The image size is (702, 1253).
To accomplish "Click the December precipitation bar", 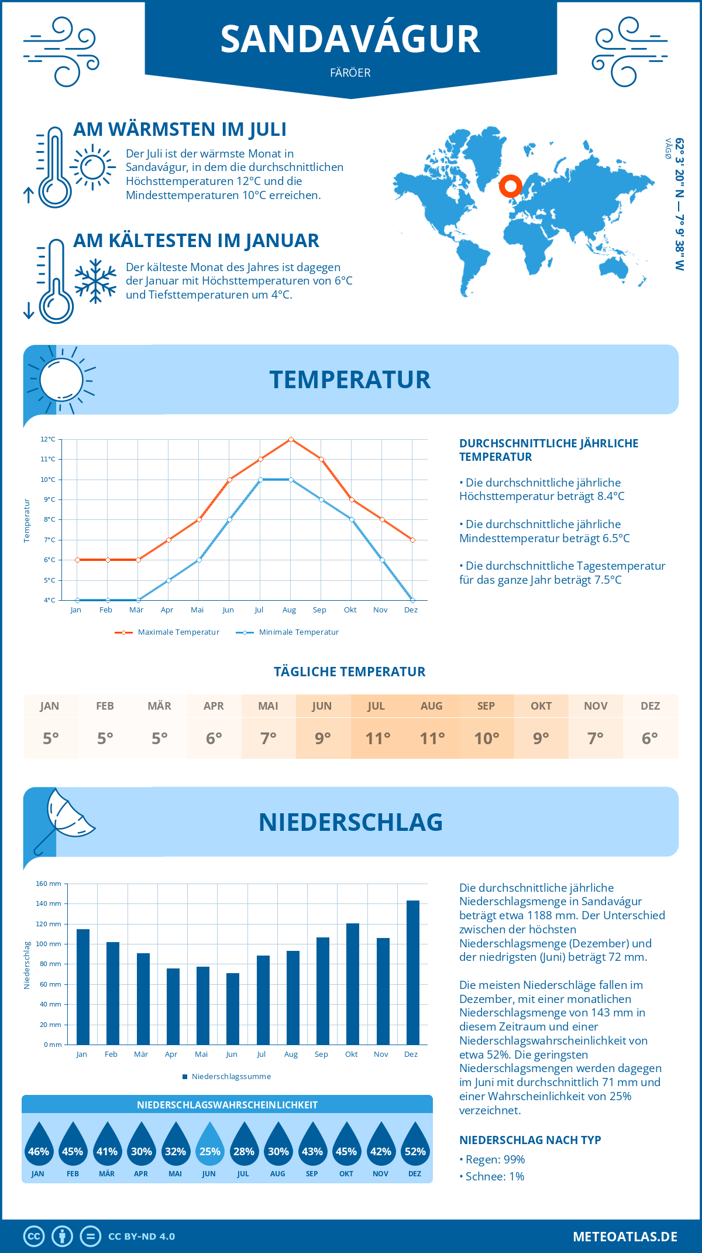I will pos(413,973).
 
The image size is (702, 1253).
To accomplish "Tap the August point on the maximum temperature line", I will pos(291,439).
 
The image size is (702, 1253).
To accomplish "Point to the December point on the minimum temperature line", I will pos(412,600).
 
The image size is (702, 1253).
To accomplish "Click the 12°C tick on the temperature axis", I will pos(48,439).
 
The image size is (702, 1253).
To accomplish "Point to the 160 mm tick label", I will pos(49,884).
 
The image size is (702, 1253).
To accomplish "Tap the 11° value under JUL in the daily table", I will pos(377,738).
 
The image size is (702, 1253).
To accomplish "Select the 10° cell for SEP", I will pos(487,738).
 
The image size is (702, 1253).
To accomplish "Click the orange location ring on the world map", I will pos(510,186).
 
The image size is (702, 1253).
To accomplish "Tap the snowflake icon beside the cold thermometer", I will pos(95,281).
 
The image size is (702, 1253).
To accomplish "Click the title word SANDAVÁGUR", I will pos(350,40).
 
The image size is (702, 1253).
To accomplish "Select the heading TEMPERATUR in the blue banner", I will pos(350,379).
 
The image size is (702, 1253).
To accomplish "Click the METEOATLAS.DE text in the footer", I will pos(625,1237).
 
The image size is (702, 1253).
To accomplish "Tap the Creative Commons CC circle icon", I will pos(34,1237).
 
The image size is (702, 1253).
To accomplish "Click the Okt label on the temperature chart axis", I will pos(350,610).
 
